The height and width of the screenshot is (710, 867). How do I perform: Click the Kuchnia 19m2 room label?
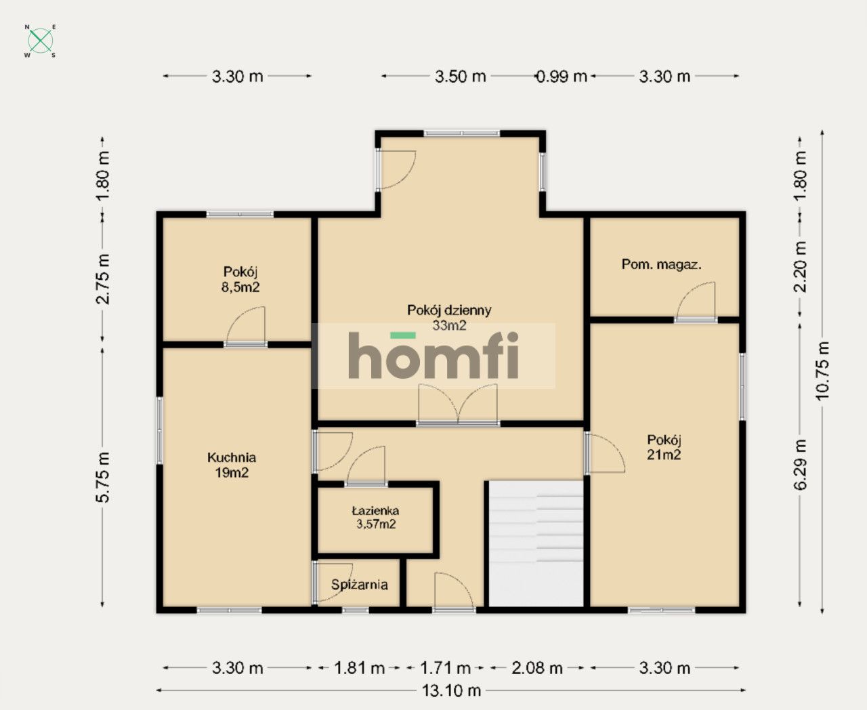click(232, 465)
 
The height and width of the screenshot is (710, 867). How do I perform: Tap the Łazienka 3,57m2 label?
click(376, 517)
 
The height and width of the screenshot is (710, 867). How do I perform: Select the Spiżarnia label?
click(359, 585)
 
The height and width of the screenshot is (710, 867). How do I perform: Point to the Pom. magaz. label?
click(662, 264)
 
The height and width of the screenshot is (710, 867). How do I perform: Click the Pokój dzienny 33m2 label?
click(449, 317)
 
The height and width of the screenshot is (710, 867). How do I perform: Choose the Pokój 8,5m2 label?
click(240, 279)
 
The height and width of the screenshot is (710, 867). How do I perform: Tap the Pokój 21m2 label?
click(664, 447)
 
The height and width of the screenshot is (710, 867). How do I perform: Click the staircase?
click(536, 543)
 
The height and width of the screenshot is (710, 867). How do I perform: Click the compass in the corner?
click(40, 41)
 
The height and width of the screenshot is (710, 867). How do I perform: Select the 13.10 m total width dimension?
click(451, 690)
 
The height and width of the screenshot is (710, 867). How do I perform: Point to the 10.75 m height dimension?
click(822, 372)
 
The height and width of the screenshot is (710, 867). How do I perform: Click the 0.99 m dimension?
click(562, 77)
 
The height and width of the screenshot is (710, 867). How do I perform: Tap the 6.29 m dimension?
click(800, 465)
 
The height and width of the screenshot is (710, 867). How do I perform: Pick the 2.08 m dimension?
click(537, 668)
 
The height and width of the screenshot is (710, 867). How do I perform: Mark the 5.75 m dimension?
click(102, 477)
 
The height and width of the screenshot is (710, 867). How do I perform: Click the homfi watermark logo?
click(433, 355)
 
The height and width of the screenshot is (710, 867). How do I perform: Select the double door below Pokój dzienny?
click(458, 404)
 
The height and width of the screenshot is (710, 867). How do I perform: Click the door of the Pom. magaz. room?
click(696, 301)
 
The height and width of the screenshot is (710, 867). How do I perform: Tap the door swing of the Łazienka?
click(366, 466)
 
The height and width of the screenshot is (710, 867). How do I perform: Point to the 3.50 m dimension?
click(461, 77)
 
